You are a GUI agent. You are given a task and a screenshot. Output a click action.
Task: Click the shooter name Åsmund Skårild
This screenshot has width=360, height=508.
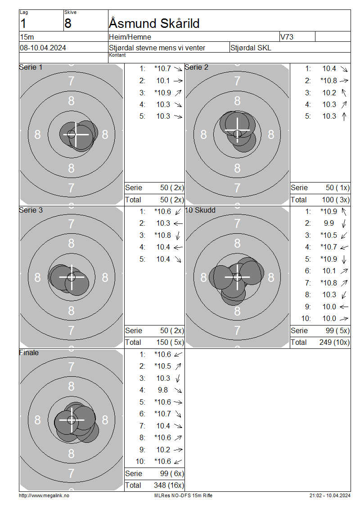[154, 23]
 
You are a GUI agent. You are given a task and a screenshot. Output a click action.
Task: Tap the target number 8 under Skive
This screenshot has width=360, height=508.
[68, 23]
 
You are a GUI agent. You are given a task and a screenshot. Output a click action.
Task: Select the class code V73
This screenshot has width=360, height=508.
[287, 37]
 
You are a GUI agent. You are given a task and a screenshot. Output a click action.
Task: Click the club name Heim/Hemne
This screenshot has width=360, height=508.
[130, 37]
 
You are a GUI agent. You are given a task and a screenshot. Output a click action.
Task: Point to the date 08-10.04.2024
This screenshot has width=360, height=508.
[43, 48]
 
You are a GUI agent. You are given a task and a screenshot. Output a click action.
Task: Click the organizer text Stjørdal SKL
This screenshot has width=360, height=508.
[251, 48]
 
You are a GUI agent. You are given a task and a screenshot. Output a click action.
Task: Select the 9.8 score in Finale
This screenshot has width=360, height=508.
[163, 390]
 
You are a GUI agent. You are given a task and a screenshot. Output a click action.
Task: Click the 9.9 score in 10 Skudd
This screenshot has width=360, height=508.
[329, 223]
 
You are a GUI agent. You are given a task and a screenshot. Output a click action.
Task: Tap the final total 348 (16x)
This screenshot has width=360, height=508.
[169, 485]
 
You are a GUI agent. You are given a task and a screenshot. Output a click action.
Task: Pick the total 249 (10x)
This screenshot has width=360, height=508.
[335, 342]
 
